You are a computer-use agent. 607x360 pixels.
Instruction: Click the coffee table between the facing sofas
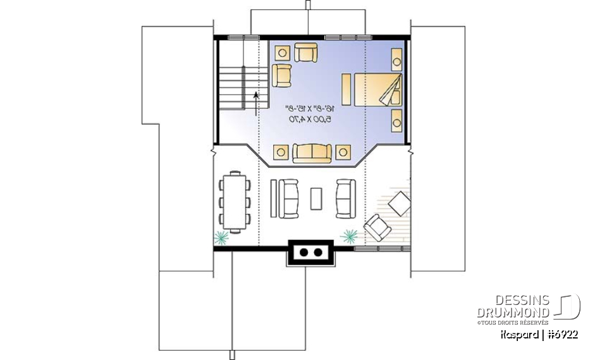(316, 198)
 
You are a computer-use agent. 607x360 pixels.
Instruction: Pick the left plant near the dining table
(221, 238)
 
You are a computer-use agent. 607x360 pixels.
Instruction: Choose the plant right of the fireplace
(349, 236)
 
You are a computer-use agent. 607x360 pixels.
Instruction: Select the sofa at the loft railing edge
(312, 152)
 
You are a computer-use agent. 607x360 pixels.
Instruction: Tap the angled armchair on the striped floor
(379, 227)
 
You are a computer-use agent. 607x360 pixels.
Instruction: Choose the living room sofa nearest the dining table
(288, 198)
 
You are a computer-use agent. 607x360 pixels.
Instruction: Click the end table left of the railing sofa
(281, 152)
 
